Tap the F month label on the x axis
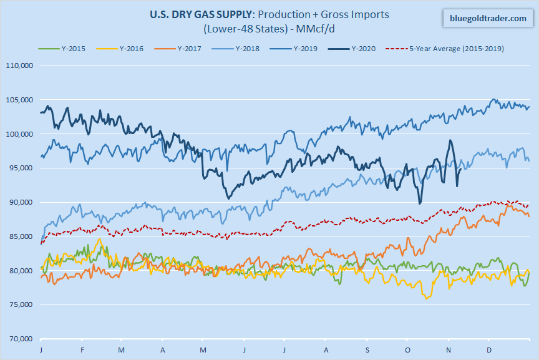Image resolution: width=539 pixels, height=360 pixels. pos(82,350)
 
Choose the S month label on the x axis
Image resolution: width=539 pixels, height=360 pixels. pos(367,350)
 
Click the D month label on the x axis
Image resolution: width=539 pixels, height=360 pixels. pos(490,350)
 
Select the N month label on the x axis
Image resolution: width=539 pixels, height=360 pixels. pos(449,350)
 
